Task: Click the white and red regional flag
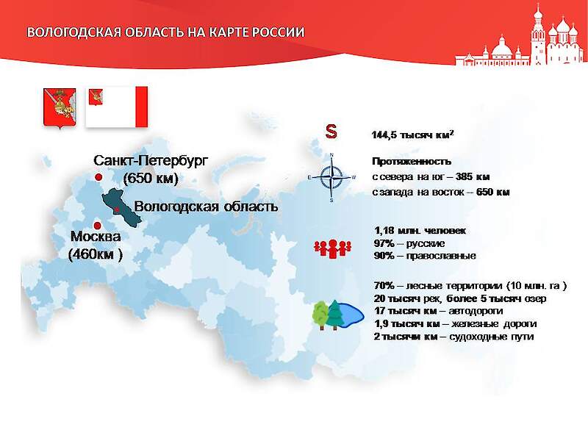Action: [118, 107]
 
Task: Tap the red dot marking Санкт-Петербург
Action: [98, 178]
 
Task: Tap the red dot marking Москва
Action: [97, 225]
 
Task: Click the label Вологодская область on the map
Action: [206, 207]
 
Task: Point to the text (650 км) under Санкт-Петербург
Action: [151, 178]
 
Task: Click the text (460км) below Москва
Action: [95, 254]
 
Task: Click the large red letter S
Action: [331, 132]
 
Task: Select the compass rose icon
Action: [331, 177]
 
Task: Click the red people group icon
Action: [330, 248]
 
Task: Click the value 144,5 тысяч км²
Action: [412, 136]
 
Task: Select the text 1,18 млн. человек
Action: [420, 231]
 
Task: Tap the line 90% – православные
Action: [425, 256]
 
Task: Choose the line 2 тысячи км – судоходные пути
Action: [453, 337]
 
